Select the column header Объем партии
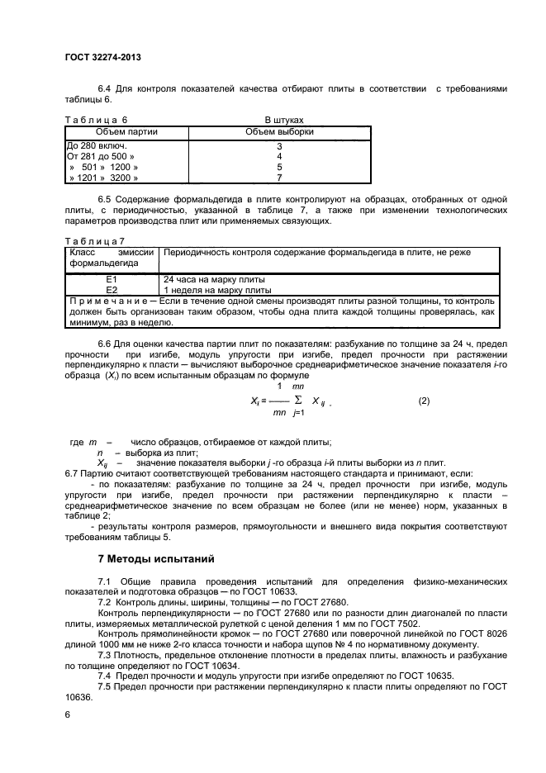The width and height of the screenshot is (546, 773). (126, 131)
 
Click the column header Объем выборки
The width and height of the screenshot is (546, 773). (279, 131)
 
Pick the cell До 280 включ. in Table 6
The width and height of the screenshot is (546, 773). (91, 146)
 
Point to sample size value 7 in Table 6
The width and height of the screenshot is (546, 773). (279, 178)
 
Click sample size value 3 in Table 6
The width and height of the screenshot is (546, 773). (279, 146)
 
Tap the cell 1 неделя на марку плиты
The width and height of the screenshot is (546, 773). (217, 291)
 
